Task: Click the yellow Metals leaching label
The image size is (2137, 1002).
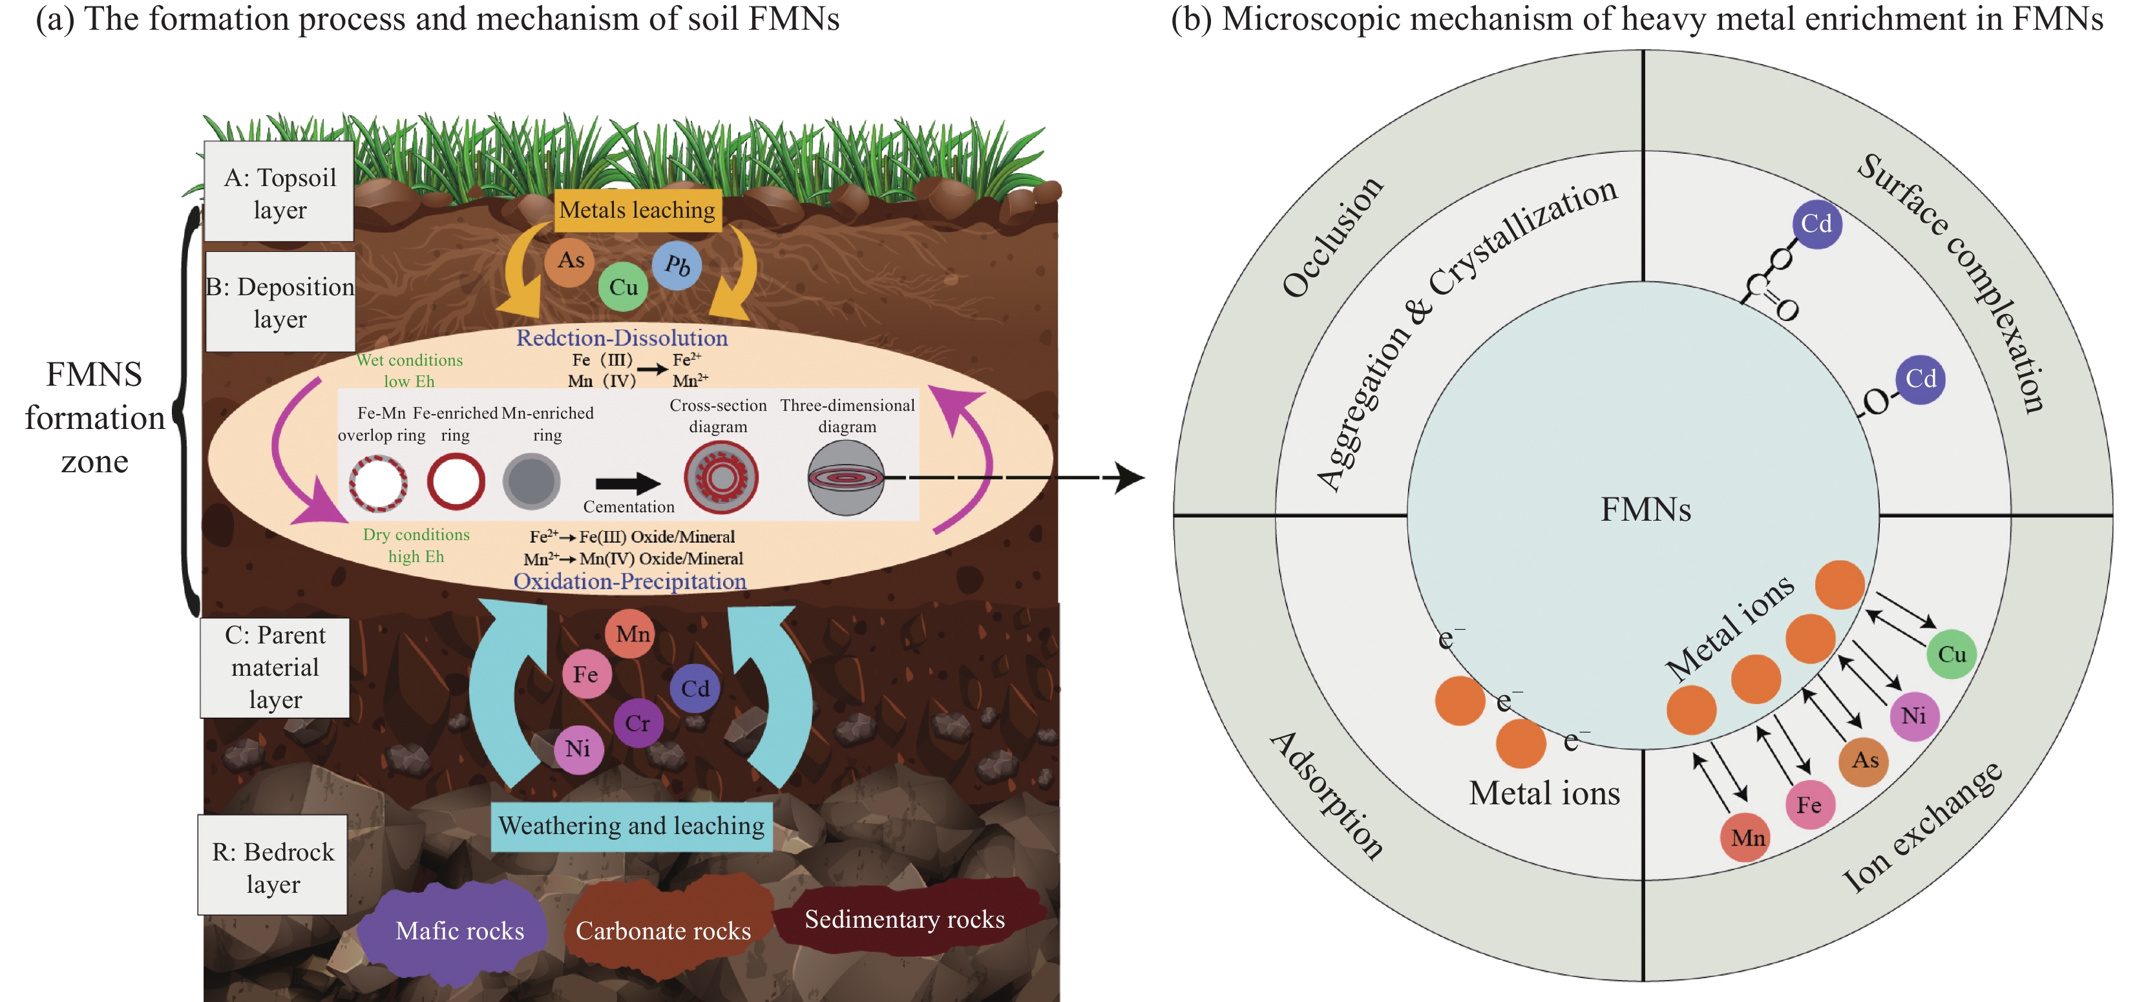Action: click(x=637, y=210)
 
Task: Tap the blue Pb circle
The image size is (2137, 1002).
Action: click(x=677, y=266)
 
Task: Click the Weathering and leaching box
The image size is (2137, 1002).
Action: click(x=631, y=826)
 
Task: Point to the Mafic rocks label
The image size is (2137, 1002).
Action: click(x=459, y=931)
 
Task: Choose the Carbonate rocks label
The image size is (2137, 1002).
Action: click(x=663, y=931)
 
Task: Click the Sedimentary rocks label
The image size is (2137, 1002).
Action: click(x=904, y=919)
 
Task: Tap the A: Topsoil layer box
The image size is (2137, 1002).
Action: click(x=280, y=193)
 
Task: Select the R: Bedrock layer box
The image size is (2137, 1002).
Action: click(x=273, y=867)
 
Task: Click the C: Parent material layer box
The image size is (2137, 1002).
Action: click(x=275, y=667)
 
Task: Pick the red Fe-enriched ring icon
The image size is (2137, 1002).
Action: click(x=456, y=482)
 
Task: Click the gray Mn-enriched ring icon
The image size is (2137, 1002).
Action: click(x=532, y=482)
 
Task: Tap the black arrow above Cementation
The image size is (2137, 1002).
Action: click(x=628, y=483)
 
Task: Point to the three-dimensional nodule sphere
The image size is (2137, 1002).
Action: click(x=845, y=478)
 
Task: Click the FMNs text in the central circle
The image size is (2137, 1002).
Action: click(x=1645, y=509)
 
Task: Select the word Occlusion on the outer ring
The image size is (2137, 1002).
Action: click(x=1332, y=236)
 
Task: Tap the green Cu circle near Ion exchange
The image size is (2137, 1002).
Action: click(x=1951, y=654)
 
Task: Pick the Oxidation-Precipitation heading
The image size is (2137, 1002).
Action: click(x=629, y=581)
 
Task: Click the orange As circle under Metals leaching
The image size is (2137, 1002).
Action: click(x=570, y=260)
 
